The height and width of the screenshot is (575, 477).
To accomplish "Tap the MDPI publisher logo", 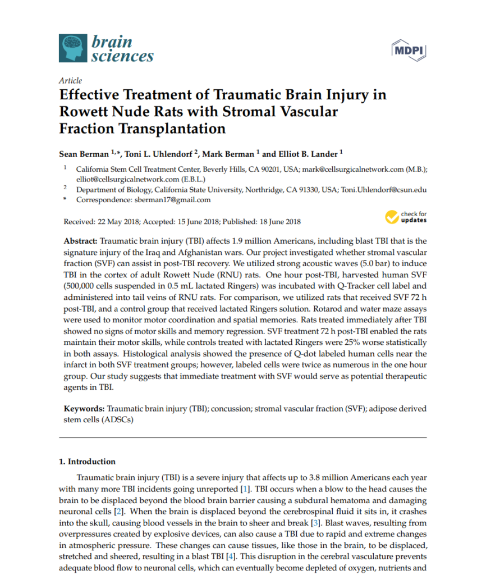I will [x=408, y=50].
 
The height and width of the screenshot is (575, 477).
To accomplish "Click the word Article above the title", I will [x=70, y=80].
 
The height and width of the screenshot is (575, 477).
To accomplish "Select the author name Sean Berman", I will [x=82, y=154].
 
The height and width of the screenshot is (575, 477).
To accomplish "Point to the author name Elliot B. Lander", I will [x=306, y=154].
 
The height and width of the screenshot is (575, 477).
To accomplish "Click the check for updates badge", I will [x=406, y=217].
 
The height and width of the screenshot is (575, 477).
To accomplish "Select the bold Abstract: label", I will [x=82, y=239].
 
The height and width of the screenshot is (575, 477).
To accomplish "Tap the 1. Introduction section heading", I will [x=87, y=462].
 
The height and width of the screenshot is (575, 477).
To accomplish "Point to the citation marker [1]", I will [x=246, y=489].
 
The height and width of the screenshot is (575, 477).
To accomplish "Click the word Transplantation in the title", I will [x=174, y=128].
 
